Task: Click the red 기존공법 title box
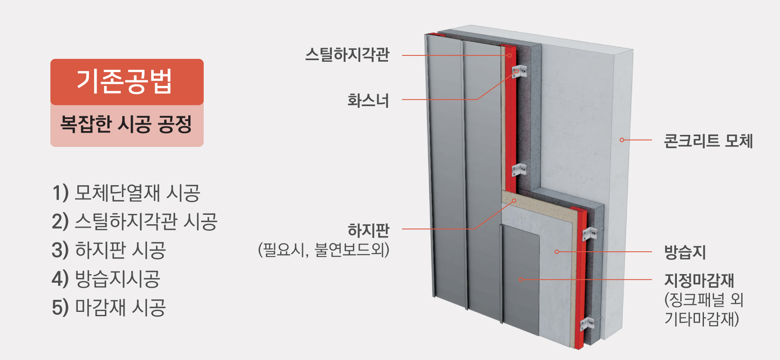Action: pyautogui.click(x=127, y=82)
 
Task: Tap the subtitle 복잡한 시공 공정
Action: pyautogui.click(x=126, y=124)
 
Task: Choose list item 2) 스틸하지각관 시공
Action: pyautogui.click(x=134, y=221)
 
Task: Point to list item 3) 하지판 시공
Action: pyautogui.click(x=108, y=250)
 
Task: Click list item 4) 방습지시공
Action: pyautogui.click(x=106, y=279)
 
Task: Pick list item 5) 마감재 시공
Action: pyautogui.click(x=108, y=308)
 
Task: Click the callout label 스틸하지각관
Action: pyautogui.click(x=347, y=55)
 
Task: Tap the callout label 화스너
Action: pyautogui.click(x=368, y=101)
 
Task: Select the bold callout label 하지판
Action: pyautogui.click(x=369, y=231)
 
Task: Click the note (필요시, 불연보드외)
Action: pyautogui.click(x=324, y=250)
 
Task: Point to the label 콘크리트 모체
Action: pyautogui.click(x=708, y=141)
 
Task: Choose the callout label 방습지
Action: pyautogui.click(x=685, y=252)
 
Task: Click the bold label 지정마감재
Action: pyautogui.click(x=699, y=280)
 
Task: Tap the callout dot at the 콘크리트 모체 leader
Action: pyautogui.click(x=622, y=140)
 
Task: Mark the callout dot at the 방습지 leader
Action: pyautogui.click(x=557, y=252)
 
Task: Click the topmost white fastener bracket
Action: pyautogui.click(x=519, y=71)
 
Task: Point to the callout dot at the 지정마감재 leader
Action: pyautogui.click(x=521, y=280)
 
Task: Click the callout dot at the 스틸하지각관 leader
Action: pyautogui.click(x=510, y=55)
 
